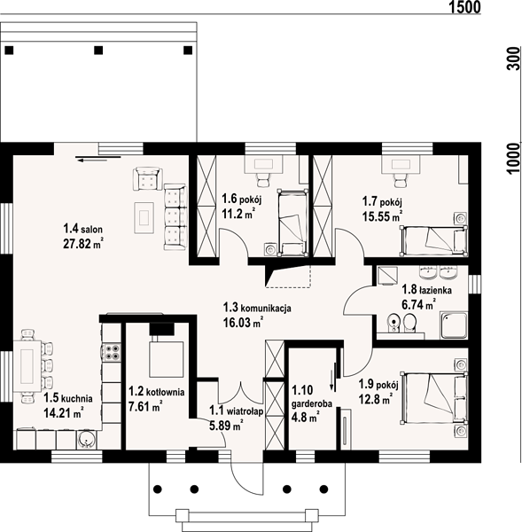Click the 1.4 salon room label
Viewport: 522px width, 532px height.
click(x=82, y=229)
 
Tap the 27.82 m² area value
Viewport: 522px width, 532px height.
click(x=82, y=243)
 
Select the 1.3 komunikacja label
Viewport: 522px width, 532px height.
click(x=257, y=308)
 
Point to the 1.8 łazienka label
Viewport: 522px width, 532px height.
click(x=426, y=290)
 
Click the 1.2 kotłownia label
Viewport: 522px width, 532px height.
click(x=156, y=392)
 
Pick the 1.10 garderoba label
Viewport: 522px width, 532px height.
click(x=311, y=396)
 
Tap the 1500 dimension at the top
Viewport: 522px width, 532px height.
click(x=465, y=7)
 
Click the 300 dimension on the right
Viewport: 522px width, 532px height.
click(x=513, y=59)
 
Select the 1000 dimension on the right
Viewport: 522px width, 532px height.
click(x=513, y=159)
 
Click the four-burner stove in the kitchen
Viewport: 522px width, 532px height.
click(x=112, y=352)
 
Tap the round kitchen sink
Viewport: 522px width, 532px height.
click(x=87, y=440)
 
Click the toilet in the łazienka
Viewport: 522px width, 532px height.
click(x=410, y=324)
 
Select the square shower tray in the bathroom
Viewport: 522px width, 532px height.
click(x=454, y=325)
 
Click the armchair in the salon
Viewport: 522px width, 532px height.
click(x=147, y=178)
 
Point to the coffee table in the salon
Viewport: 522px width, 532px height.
click(x=144, y=217)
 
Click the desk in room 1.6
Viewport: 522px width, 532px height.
click(x=263, y=165)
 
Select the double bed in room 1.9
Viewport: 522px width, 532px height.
click(x=434, y=399)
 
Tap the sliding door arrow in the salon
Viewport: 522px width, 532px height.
click(x=98, y=158)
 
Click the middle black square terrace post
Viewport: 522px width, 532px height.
click(x=98, y=51)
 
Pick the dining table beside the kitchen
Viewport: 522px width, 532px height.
click(x=27, y=365)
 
